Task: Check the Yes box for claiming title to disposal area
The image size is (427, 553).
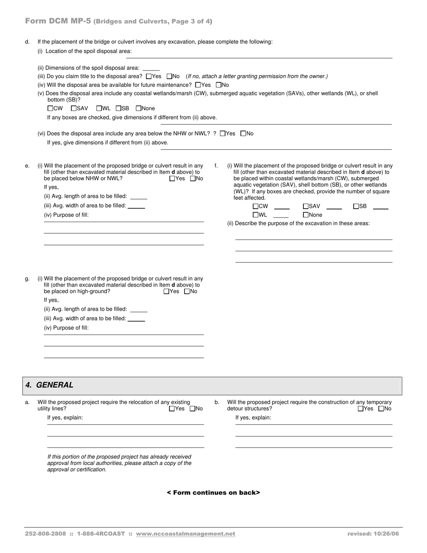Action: pyautogui.click(x=149, y=76)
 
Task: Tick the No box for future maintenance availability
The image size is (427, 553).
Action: pyautogui.click(x=219, y=85)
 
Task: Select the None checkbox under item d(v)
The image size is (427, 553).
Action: pyautogui.click(x=138, y=108)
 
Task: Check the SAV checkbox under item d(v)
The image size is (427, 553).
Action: pyautogui.click(x=74, y=108)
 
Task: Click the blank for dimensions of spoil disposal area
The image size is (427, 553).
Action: pyautogui.click(x=151, y=68)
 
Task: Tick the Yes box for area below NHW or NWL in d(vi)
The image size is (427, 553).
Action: pyautogui.click(x=222, y=134)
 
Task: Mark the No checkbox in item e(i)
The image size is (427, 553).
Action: pyautogui.click(x=193, y=178)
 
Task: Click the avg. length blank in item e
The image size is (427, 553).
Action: pyautogui.click(x=139, y=197)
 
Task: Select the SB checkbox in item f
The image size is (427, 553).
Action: pyautogui.click(x=356, y=206)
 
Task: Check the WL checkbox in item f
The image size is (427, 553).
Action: pyautogui.click(x=255, y=215)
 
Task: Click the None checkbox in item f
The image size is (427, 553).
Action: pyautogui.click(x=306, y=215)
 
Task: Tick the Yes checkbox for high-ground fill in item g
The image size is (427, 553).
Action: pyautogui.click(x=166, y=291)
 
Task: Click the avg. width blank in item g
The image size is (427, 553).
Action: pyautogui.click(x=136, y=319)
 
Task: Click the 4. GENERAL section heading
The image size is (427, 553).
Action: pyautogui.click(x=49, y=385)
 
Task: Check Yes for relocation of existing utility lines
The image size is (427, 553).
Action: pyautogui.click(x=172, y=409)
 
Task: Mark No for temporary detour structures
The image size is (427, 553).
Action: pyautogui.click(x=381, y=409)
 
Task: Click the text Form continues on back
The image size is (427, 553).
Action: pyautogui.click(x=213, y=493)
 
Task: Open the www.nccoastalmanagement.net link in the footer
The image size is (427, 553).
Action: pyautogui.click(x=185, y=534)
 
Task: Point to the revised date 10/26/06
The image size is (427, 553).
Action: pyautogui.click(x=373, y=534)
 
